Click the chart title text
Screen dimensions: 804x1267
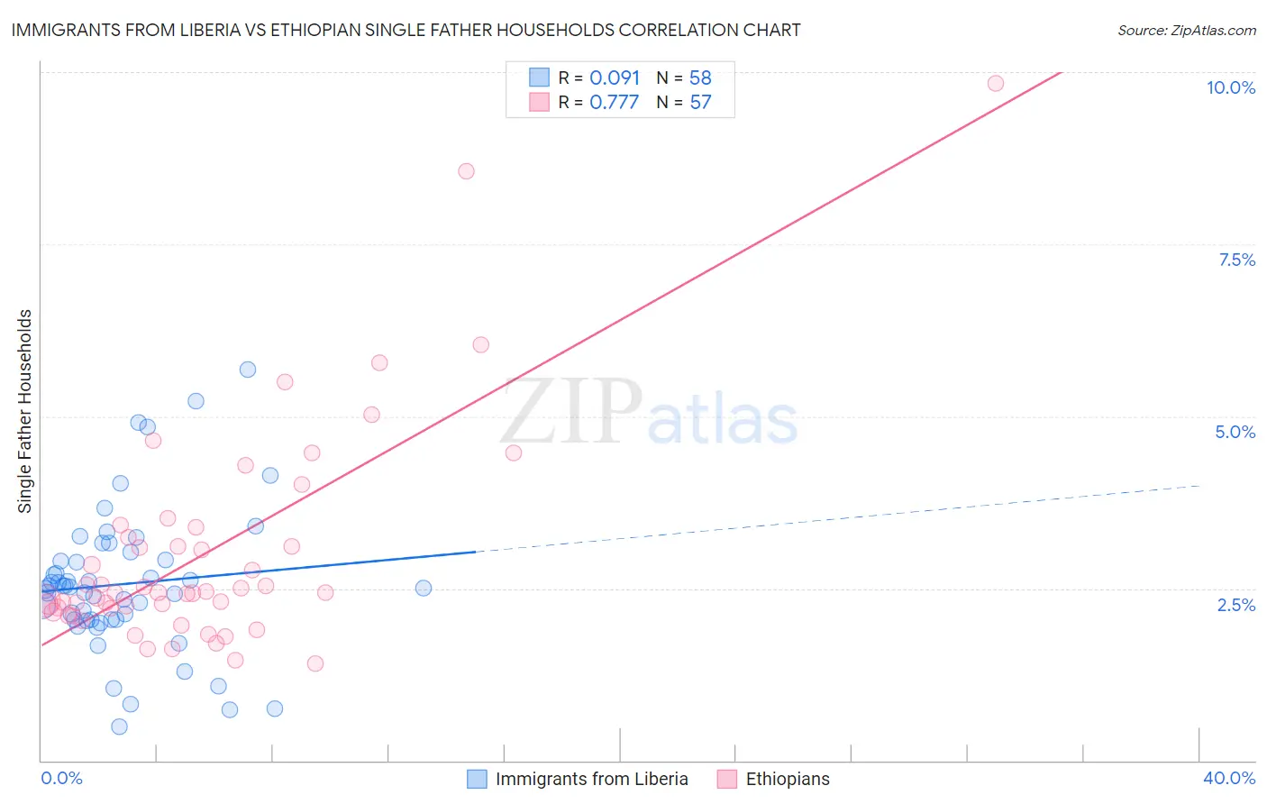click(406, 30)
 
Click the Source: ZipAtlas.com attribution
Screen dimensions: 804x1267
click(1186, 30)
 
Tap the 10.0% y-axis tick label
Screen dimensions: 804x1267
click(1230, 87)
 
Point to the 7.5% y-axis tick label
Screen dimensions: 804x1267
click(1236, 260)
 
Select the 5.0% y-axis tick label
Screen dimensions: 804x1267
click(1235, 432)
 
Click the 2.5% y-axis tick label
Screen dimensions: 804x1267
click(1235, 605)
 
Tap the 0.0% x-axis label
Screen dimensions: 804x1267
click(61, 778)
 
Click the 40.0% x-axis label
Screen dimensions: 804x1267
click(1228, 778)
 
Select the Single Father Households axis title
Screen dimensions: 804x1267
click(25, 411)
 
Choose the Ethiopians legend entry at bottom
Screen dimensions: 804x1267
click(787, 779)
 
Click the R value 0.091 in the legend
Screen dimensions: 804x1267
click(615, 78)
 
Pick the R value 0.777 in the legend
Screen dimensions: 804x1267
click(614, 102)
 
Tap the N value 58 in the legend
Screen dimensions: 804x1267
click(700, 78)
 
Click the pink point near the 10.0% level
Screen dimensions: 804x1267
click(995, 83)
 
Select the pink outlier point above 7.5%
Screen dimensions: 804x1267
click(466, 171)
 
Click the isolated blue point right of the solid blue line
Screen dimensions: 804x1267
click(424, 588)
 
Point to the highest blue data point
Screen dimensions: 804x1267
click(248, 370)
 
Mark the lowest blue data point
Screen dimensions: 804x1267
click(119, 726)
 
